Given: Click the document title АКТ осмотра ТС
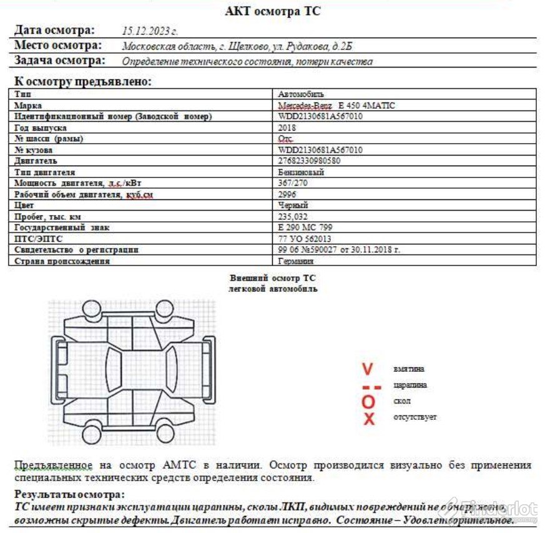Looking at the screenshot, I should tap(273, 11).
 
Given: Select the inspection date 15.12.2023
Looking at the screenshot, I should tap(150, 30).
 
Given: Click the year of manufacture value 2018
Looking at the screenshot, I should tap(287, 127).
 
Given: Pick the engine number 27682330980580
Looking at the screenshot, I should tap(309, 161).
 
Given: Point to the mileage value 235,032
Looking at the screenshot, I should tap(292, 216).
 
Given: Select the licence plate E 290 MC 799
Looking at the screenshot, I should tap(305, 227).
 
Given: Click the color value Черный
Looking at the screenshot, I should tap(293, 205).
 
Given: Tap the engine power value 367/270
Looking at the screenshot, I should tap(292, 183).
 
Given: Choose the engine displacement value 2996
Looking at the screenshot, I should tap(287, 194).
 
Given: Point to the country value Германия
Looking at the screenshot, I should tap(296, 261).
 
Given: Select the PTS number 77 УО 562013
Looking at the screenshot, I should tap(305, 239).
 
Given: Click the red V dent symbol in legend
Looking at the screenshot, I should tap(368, 369).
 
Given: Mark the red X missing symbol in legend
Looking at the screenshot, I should tap(369, 418).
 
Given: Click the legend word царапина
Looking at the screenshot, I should tap(410, 385).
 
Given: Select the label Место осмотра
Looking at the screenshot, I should tap(57, 46).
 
